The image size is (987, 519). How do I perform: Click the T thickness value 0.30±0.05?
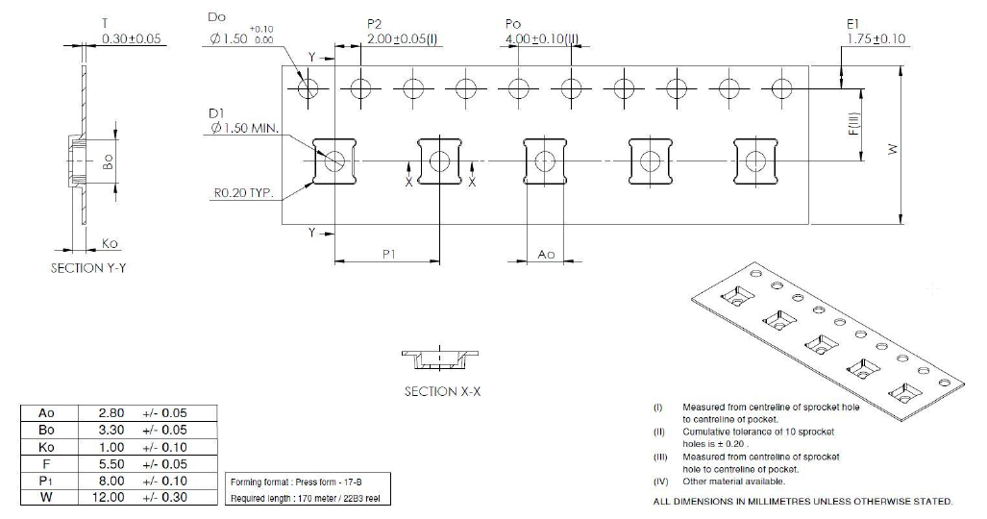[132, 38]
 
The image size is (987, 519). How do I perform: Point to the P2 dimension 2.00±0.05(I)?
[404, 38]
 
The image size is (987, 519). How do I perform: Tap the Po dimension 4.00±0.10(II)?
[542, 38]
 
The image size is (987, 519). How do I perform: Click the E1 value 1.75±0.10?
[876, 38]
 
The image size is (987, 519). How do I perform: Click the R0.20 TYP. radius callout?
[243, 192]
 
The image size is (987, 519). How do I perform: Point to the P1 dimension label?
[389, 254]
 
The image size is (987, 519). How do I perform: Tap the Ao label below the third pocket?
[546, 254]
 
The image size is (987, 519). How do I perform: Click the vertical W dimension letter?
[893, 149]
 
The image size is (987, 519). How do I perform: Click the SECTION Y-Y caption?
[88, 268]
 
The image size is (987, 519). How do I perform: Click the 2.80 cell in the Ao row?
[111, 413]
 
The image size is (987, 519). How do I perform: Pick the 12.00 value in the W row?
[110, 497]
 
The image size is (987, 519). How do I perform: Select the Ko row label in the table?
[46, 448]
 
